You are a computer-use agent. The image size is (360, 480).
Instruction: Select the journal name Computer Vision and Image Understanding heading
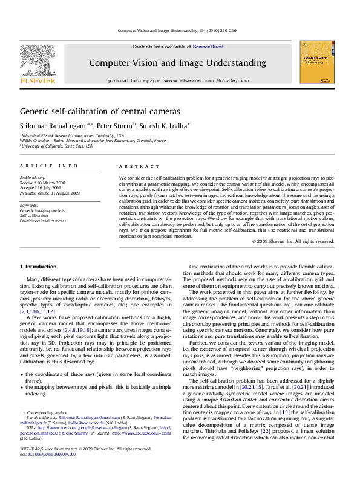coord(177,63)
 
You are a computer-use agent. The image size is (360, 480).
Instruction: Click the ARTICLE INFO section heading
coord(40,166)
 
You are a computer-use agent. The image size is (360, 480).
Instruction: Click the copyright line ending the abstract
coord(293,241)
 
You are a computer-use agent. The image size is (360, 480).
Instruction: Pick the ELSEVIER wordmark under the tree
coord(34,79)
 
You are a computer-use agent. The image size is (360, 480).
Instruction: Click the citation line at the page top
coord(180,30)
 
